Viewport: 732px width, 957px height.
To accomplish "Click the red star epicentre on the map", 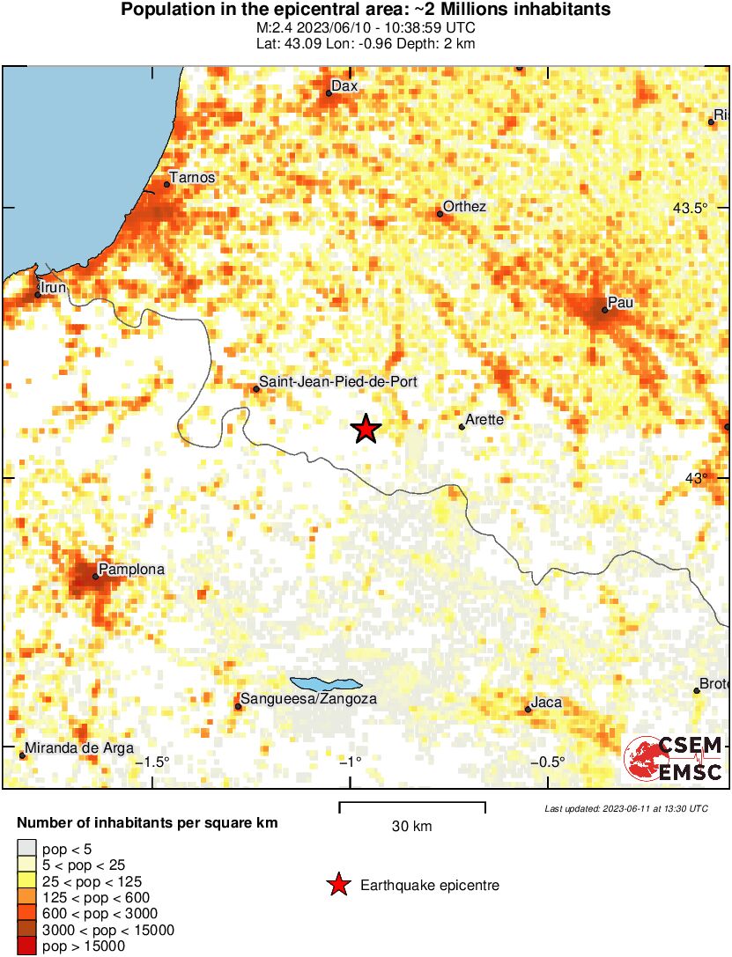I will (366, 429).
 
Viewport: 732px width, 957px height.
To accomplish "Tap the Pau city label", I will (621, 303).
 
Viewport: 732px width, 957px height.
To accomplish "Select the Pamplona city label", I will (131, 570).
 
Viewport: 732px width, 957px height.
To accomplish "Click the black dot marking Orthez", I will (440, 214).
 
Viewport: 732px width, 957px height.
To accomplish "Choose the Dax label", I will (344, 86).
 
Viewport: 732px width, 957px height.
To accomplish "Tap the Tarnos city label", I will (191, 178).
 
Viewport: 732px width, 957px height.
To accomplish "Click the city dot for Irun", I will (38, 295).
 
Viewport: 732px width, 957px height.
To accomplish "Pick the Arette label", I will (484, 420).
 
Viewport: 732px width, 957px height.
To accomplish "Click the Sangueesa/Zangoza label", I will (309, 699).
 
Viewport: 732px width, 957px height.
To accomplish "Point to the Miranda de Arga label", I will (79, 748).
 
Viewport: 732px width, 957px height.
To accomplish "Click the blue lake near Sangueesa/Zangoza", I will (326, 683).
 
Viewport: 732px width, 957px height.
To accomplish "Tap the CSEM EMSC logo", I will (674, 758).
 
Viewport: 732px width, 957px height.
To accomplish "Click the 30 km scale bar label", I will (411, 826).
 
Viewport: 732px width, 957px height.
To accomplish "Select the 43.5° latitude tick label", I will (690, 209).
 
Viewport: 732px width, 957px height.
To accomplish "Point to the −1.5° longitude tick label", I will (155, 762).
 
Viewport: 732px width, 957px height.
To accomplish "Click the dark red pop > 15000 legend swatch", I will (27, 946).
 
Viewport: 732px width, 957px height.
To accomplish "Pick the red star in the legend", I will (337, 886).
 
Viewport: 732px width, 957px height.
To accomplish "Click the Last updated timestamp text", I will (625, 808).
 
